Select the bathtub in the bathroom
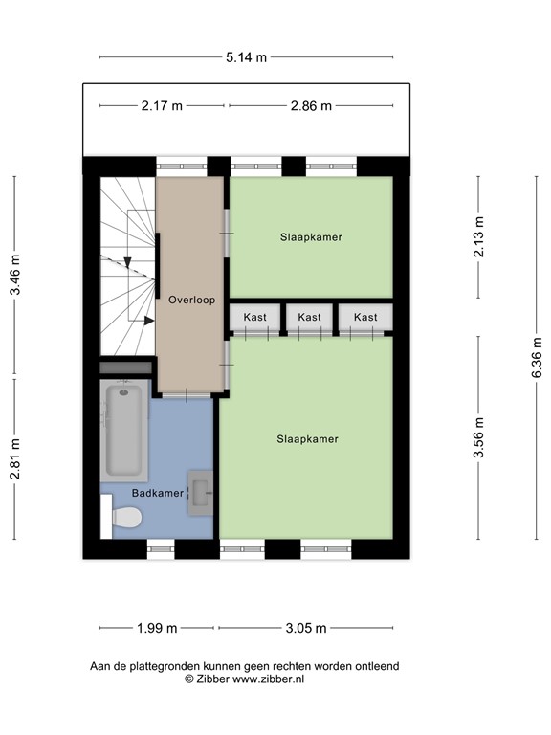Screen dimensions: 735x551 124,431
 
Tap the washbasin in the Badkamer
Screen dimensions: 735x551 201,493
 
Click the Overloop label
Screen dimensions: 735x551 190,300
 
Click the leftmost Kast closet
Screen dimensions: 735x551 254,317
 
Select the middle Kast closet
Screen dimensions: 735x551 309,317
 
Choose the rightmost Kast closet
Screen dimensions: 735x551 364,317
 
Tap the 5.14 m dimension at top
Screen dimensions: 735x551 246,57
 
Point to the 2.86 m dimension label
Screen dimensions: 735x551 311,106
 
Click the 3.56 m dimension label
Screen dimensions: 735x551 478,439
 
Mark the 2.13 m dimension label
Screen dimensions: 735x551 478,237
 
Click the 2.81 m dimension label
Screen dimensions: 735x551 15,458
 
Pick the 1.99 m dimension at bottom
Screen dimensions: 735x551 157,628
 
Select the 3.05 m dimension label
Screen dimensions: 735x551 307,628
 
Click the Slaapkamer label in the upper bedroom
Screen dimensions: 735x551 311,236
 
